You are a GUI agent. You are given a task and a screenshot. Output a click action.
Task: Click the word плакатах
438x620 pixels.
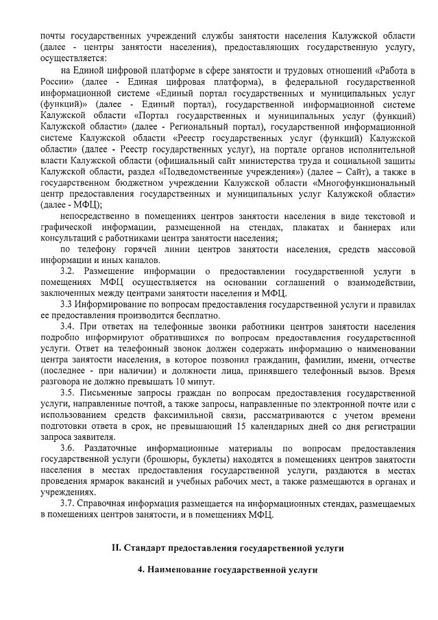[310, 227]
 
